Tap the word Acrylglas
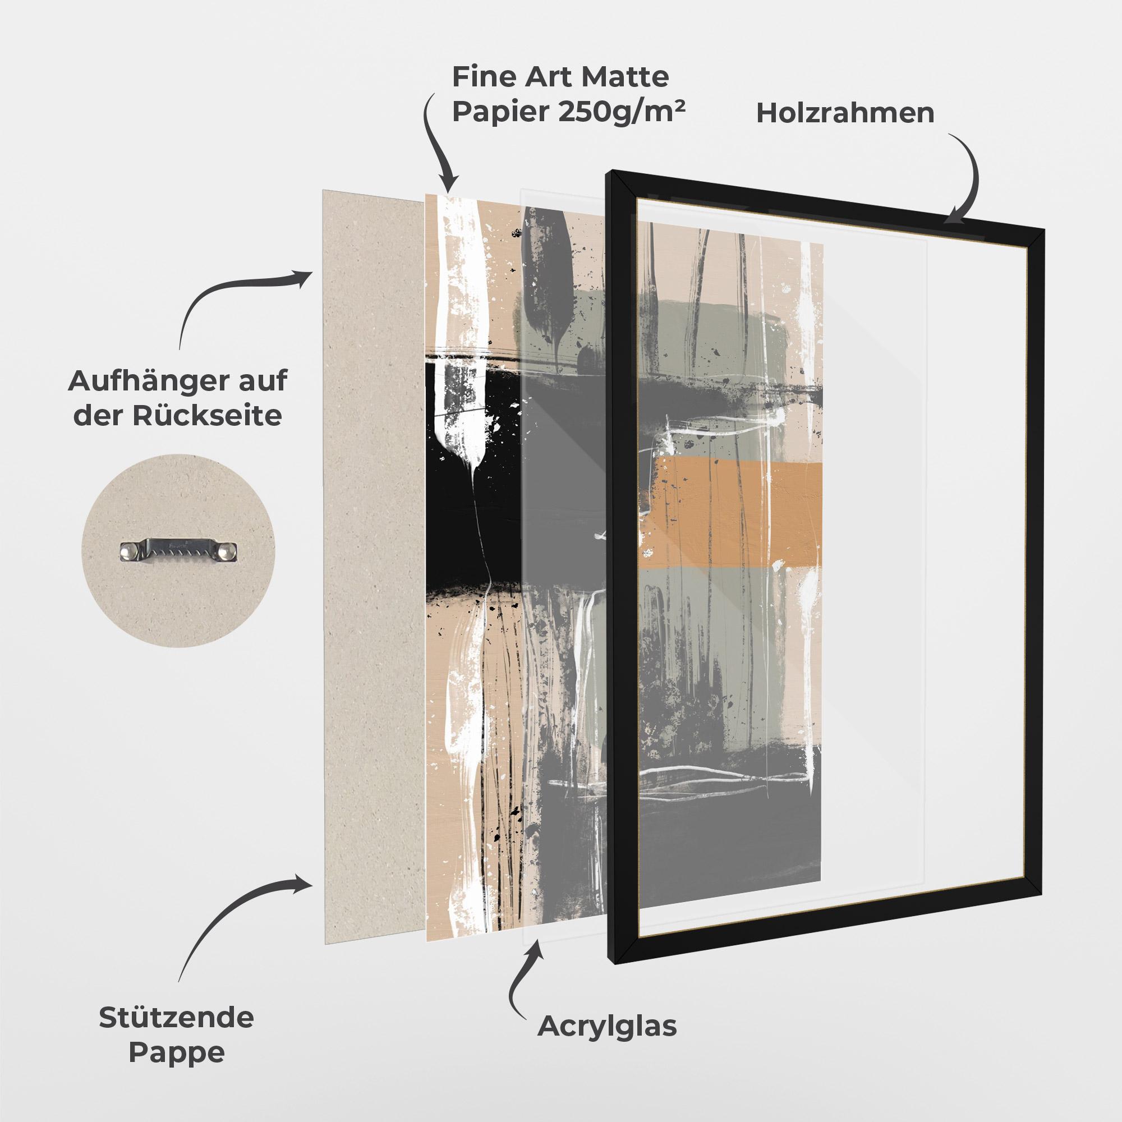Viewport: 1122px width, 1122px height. tap(607, 1026)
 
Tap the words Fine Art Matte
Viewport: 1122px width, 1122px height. tap(560, 76)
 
